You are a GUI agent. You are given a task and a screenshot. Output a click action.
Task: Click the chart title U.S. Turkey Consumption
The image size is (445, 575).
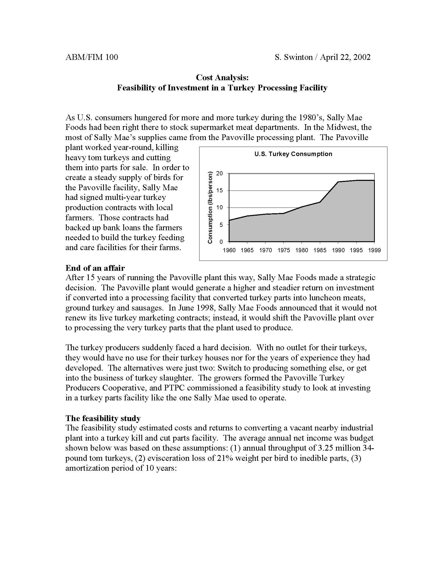point(293,154)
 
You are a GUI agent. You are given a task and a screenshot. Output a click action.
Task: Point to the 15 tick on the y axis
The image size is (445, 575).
point(220,190)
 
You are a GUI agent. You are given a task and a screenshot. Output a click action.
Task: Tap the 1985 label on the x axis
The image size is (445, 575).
point(320,250)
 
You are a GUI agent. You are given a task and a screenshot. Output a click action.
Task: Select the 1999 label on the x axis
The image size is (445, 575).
point(374,250)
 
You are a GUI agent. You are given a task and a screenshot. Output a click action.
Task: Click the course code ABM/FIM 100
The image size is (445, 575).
point(92,57)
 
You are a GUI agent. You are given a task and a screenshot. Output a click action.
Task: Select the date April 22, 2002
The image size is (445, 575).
point(345,57)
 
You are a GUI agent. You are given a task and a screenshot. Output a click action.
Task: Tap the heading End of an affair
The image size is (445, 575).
point(95,268)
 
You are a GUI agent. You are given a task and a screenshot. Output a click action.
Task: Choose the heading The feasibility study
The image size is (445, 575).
point(103,418)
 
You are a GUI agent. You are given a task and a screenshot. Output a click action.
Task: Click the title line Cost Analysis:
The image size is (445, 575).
point(222,77)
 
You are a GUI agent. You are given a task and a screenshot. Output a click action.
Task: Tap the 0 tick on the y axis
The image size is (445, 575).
point(221,241)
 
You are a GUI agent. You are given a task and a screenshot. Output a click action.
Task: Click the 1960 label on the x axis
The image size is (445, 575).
point(229,250)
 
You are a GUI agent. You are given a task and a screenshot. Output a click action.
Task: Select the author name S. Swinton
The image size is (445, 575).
point(293,57)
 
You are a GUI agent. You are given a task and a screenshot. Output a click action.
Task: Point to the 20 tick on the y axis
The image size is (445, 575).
point(220,173)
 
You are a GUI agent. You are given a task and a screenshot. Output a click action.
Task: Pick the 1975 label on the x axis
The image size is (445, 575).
point(284,250)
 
